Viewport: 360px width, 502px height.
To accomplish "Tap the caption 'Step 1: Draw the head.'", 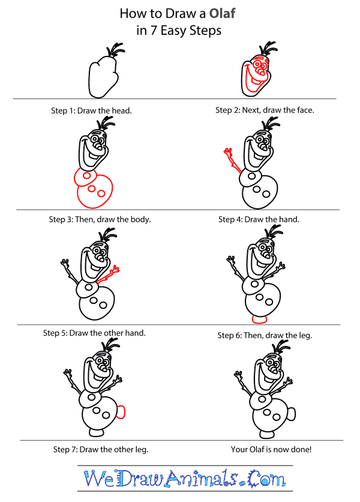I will (x=92, y=110).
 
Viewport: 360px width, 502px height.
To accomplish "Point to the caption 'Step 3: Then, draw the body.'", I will (x=100, y=219).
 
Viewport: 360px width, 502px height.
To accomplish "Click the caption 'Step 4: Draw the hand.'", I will (x=259, y=219).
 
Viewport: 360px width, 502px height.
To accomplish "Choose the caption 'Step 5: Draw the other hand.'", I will (x=94, y=333).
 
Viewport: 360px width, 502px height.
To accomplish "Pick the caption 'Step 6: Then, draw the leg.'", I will (x=265, y=335).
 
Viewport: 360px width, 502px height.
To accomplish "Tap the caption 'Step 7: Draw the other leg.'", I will (x=101, y=449).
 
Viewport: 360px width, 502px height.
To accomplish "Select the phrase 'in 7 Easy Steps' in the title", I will (x=179, y=31).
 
